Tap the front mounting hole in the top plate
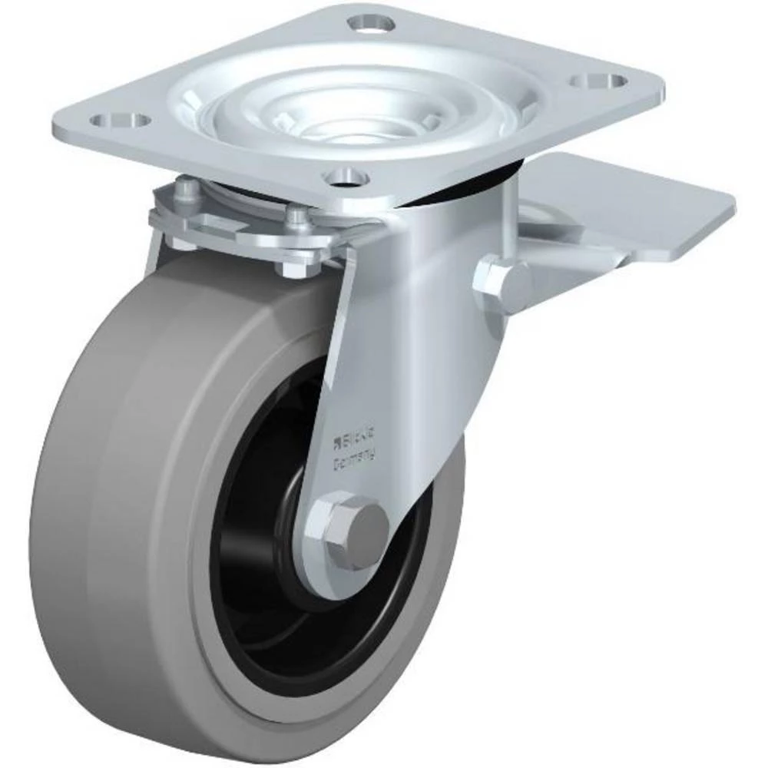(346, 178)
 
